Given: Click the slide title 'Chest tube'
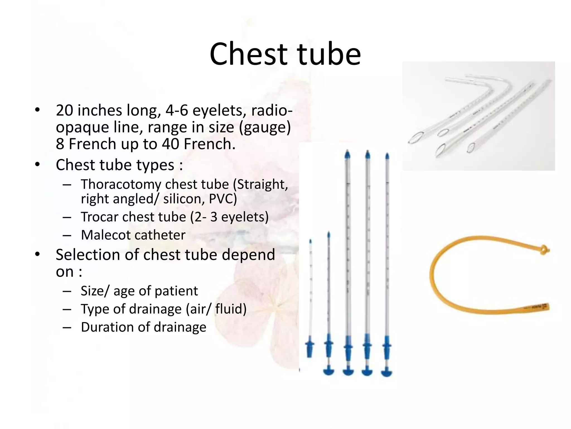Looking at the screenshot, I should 285,54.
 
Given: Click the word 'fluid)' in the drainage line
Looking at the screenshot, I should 231,309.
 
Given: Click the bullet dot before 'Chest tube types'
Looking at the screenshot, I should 38,165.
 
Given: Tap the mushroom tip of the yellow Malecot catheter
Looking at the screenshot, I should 544,249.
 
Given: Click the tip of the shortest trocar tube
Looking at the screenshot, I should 310,241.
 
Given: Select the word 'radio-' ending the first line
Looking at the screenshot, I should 272,110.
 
